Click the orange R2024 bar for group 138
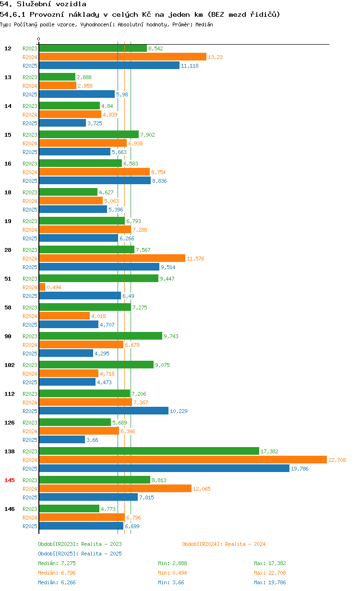point(183,460)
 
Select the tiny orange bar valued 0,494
point(42,287)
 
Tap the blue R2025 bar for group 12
point(109,65)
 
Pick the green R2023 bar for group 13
point(57,77)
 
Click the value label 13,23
point(215,57)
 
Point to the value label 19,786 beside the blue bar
point(300,469)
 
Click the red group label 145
point(10,480)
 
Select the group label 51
point(8,279)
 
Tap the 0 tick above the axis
point(38,39)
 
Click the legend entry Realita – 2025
point(101,554)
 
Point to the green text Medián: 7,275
point(57,563)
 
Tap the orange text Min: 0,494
point(172,573)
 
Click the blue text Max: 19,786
point(270,582)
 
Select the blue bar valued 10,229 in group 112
point(104,411)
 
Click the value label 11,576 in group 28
point(195,259)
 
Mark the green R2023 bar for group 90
point(100,336)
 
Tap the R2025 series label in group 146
point(30,526)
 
